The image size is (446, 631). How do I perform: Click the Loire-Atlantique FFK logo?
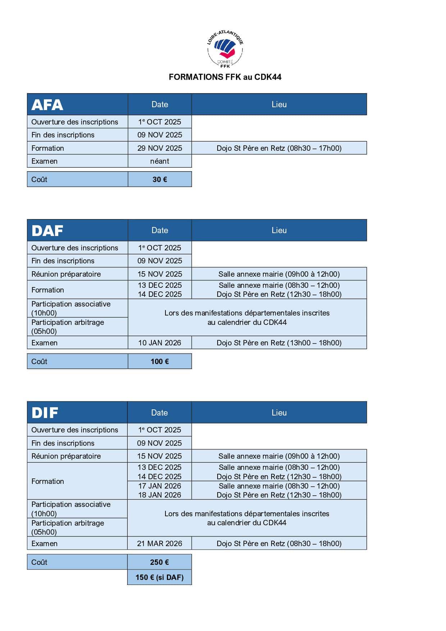(225, 50)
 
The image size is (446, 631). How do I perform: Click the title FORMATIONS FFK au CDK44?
(225, 77)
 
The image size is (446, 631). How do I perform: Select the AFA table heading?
(47, 105)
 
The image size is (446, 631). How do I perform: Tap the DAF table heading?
(47, 231)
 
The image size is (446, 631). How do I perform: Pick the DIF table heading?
(45, 413)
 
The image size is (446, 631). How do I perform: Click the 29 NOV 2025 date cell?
(160, 148)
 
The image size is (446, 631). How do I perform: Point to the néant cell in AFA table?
(160, 161)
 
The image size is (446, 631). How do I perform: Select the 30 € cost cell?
(160, 180)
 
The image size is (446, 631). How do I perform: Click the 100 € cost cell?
(160, 362)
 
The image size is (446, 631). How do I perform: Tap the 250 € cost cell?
(159, 562)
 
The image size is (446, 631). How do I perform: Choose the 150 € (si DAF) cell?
(159, 577)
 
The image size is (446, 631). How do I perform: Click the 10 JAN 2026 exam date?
(160, 343)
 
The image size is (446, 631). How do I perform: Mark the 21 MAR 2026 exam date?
(159, 544)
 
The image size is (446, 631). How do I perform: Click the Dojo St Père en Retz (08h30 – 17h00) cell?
(279, 148)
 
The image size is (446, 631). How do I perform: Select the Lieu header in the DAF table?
(279, 231)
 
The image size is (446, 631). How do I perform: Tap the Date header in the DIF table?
(159, 413)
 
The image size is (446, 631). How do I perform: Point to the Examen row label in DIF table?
(45, 544)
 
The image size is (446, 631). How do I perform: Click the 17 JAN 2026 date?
(160, 486)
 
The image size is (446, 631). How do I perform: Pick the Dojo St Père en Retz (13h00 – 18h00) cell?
(279, 343)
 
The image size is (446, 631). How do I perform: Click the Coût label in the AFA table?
(40, 180)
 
